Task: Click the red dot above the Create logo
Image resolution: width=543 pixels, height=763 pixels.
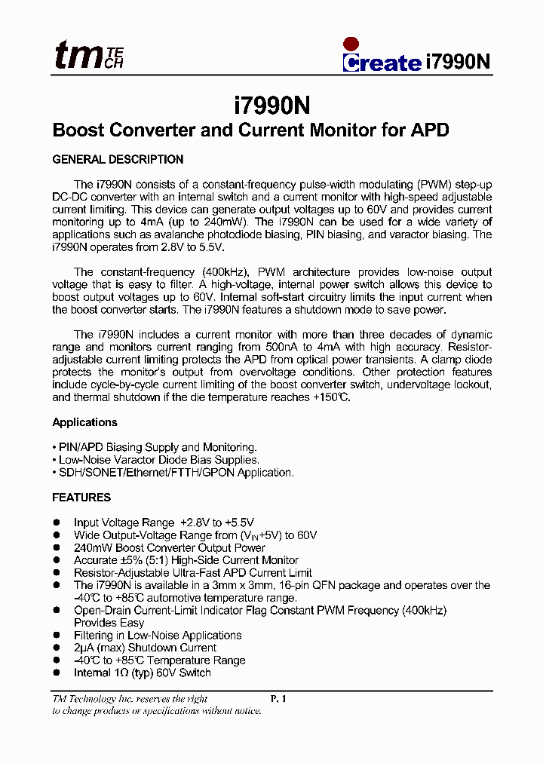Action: [x=351, y=44]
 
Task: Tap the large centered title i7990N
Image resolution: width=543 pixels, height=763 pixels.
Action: [x=272, y=103]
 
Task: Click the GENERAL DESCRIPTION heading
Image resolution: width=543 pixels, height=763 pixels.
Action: [x=118, y=160]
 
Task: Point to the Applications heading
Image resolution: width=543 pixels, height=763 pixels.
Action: [x=84, y=422]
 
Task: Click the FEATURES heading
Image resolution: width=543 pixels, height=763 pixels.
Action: [x=81, y=498]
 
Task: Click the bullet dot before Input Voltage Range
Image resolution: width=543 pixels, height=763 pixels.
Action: [x=56, y=522]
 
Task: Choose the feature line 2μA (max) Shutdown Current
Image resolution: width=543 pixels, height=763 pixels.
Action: [x=145, y=648]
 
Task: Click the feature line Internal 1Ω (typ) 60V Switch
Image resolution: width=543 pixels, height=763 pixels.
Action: [x=142, y=673]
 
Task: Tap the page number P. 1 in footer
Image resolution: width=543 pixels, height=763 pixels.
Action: [x=278, y=699]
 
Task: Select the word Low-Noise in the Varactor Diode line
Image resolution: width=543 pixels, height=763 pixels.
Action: [x=84, y=460]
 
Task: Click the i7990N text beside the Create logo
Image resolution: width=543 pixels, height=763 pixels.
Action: [x=459, y=62]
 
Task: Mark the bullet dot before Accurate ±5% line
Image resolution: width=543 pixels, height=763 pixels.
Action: [x=56, y=560]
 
